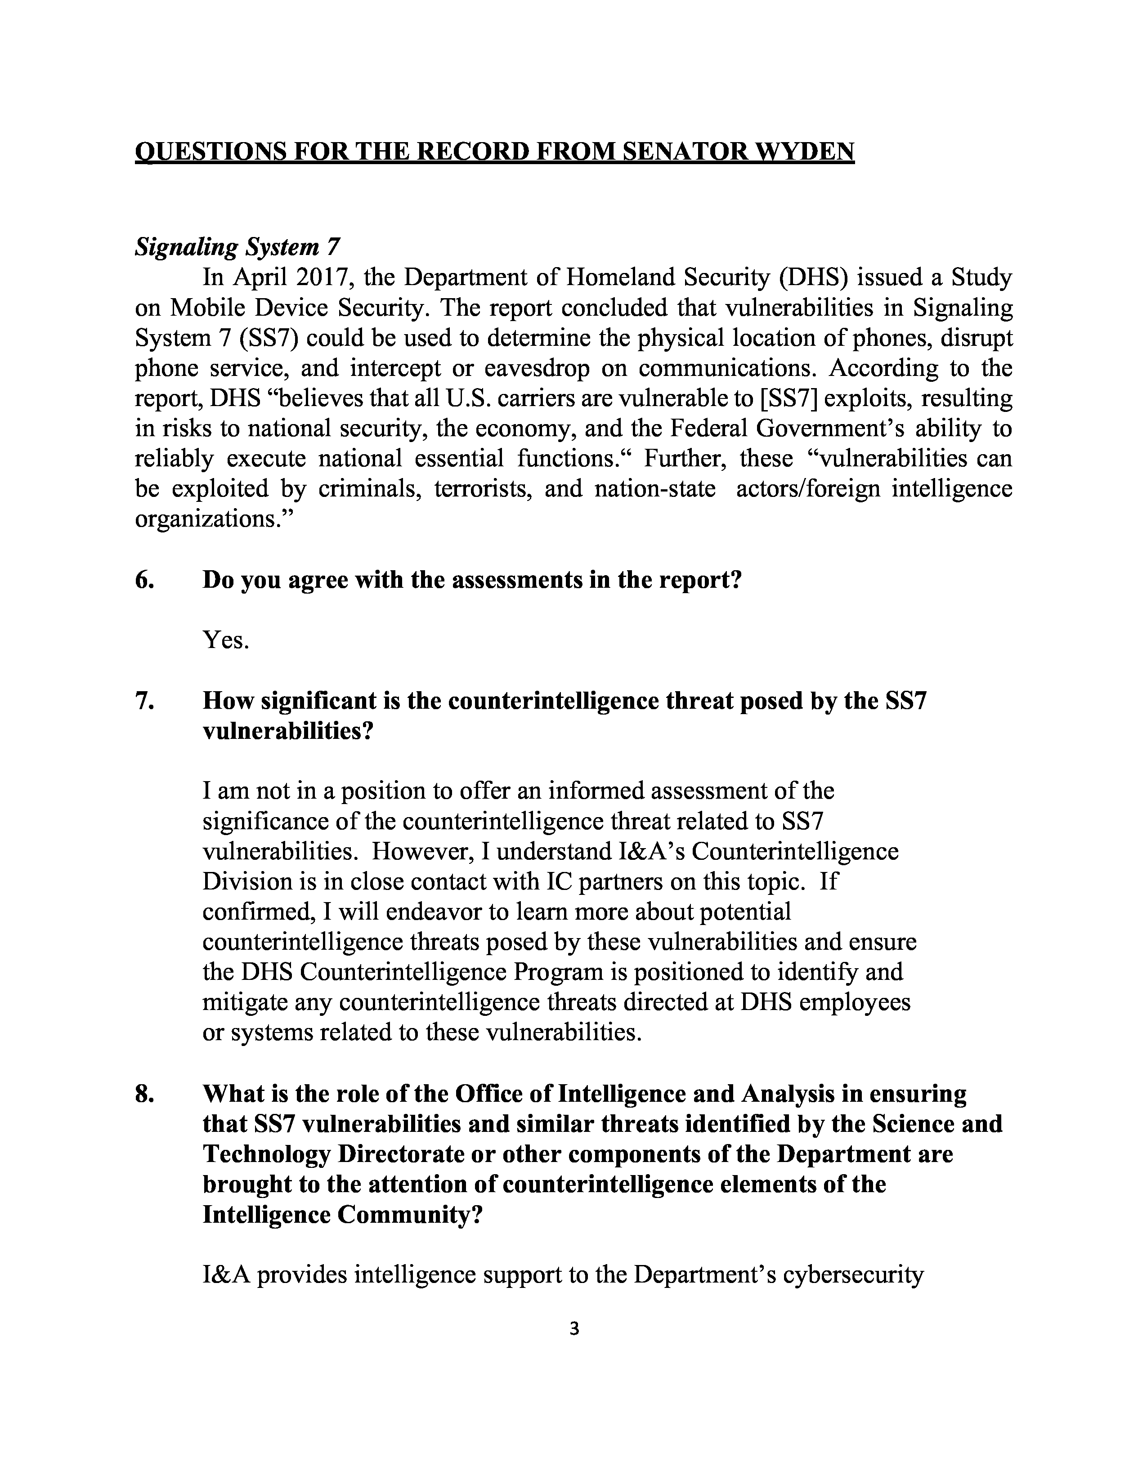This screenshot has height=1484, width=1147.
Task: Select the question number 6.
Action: click(x=144, y=580)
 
